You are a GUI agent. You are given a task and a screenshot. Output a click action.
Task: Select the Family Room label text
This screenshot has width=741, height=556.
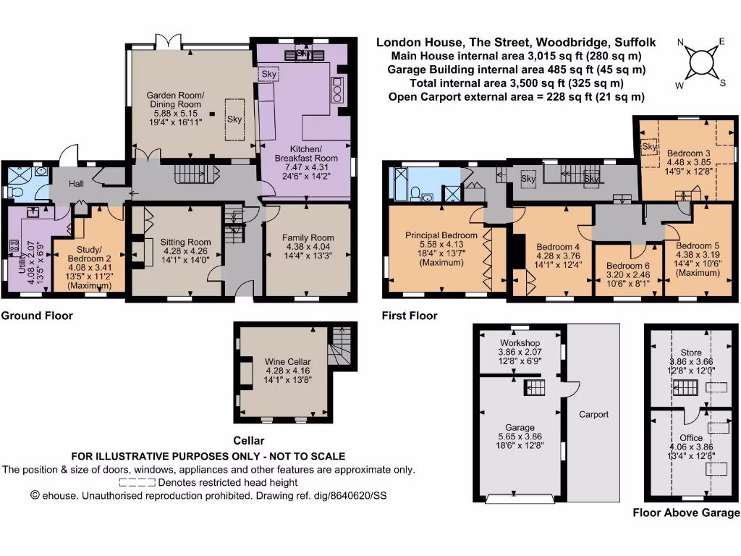coord(297,237)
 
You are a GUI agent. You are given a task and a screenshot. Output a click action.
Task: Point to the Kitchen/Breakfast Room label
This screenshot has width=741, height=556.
coord(307,158)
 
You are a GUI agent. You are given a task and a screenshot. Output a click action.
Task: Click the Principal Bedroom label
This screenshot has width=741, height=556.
coord(441,235)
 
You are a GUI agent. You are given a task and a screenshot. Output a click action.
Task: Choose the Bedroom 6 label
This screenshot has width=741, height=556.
coord(627,266)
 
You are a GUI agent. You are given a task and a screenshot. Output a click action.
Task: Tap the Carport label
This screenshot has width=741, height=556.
coord(593,414)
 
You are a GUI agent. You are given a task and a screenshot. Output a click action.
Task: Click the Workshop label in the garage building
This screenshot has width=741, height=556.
coord(520,342)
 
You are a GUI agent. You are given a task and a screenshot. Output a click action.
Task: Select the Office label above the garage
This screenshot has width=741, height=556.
coord(690,438)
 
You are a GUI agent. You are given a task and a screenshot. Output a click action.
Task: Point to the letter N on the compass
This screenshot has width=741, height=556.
coord(681,43)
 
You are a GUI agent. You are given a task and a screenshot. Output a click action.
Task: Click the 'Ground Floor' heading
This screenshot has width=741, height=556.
coord(36,316)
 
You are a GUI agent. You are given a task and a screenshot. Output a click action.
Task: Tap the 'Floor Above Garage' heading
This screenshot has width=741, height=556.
coord(686,513)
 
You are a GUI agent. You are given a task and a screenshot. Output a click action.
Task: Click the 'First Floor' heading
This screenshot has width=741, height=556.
coord(410,316)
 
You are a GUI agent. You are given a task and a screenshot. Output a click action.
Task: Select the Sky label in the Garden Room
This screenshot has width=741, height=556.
coord(234,119)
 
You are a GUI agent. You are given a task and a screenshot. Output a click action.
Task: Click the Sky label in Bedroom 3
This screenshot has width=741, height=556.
coord(649,147)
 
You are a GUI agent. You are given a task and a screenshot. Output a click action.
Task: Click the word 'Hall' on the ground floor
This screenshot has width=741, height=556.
coord(77,185)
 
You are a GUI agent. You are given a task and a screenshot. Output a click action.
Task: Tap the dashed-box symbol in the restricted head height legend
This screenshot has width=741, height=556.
coord(137,482)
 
